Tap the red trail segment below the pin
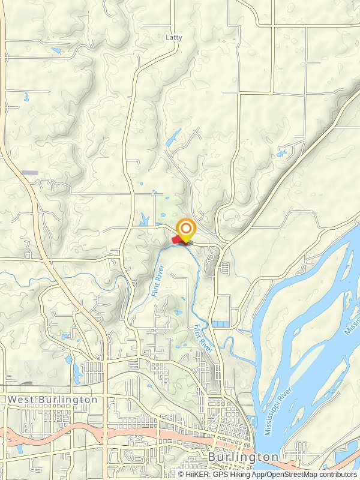(x=178, y=240)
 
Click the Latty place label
(x=173, y=37)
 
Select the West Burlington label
(x=52, y=399)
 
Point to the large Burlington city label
(x=243, y=457)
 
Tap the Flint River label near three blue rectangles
(x=204, y=338)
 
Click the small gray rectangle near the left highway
(x=30, y=173)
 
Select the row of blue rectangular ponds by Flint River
(x=220, y=324)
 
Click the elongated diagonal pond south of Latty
(x=171, y=139)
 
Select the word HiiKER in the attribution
(x=198, y=475)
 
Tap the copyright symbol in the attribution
(x=181, y=475)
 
